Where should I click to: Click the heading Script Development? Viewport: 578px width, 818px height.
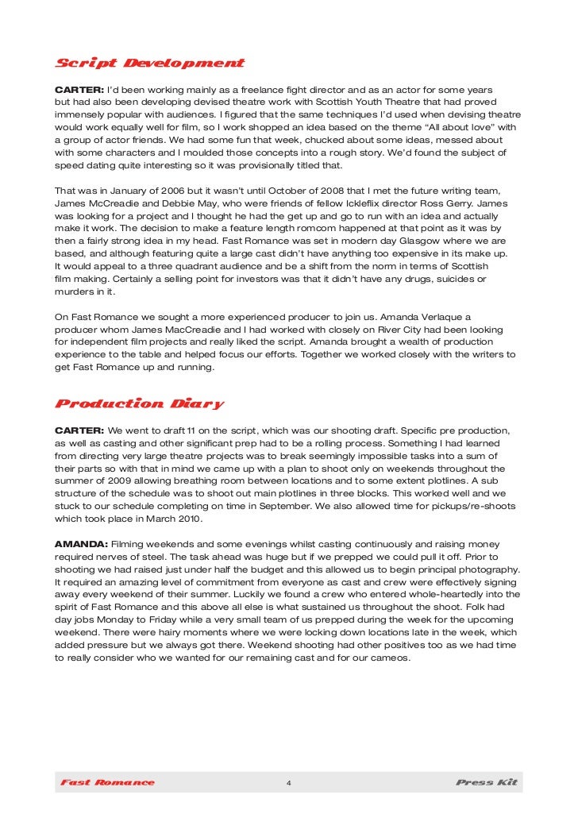click(x=149, y=63)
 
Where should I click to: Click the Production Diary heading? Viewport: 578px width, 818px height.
click(x=139, y=403)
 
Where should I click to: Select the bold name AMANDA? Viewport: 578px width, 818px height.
click(x=81, y=544)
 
